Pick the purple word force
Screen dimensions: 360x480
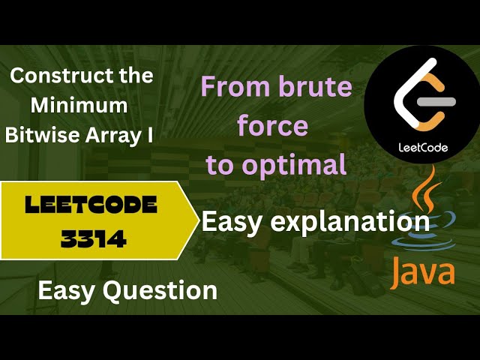point(272,126)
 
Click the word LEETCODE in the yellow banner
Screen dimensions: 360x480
point(91,205)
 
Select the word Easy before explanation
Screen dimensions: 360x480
point(228,221)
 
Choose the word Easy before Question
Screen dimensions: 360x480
point(67,289)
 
